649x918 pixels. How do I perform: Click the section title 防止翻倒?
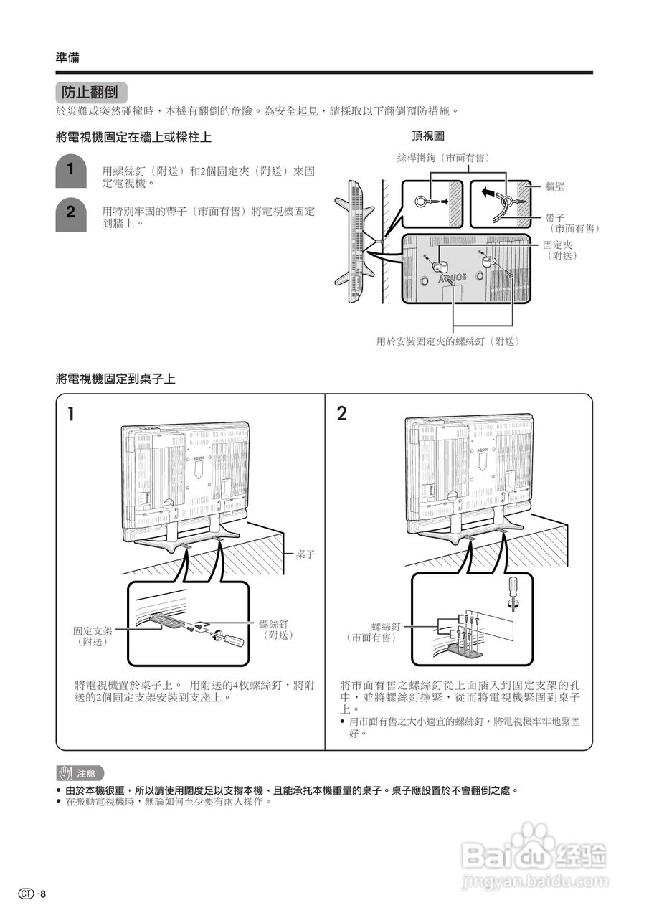click(x=90, y=93)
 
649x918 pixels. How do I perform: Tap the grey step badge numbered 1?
click(x=70, y=171)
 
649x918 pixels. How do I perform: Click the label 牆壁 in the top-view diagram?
click(x=554, y=186)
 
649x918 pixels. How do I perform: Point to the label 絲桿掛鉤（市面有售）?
click(x=448, y=158)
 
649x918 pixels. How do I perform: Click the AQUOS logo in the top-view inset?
click(x=452, y=277)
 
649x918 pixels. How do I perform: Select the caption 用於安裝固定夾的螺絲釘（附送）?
click(x=447, y=341)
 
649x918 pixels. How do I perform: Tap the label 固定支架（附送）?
click(x=93, y=635)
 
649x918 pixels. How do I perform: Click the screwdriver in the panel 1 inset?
click(x=229, y=637)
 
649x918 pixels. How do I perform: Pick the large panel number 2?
click(x=342, y=414)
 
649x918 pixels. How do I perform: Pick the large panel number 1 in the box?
click(x=72, y=414)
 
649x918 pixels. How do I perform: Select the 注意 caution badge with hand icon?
click(x=80, y=773)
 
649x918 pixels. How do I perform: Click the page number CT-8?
click(x=33, y=894)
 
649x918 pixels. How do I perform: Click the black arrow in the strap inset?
click(x=488, y=192)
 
